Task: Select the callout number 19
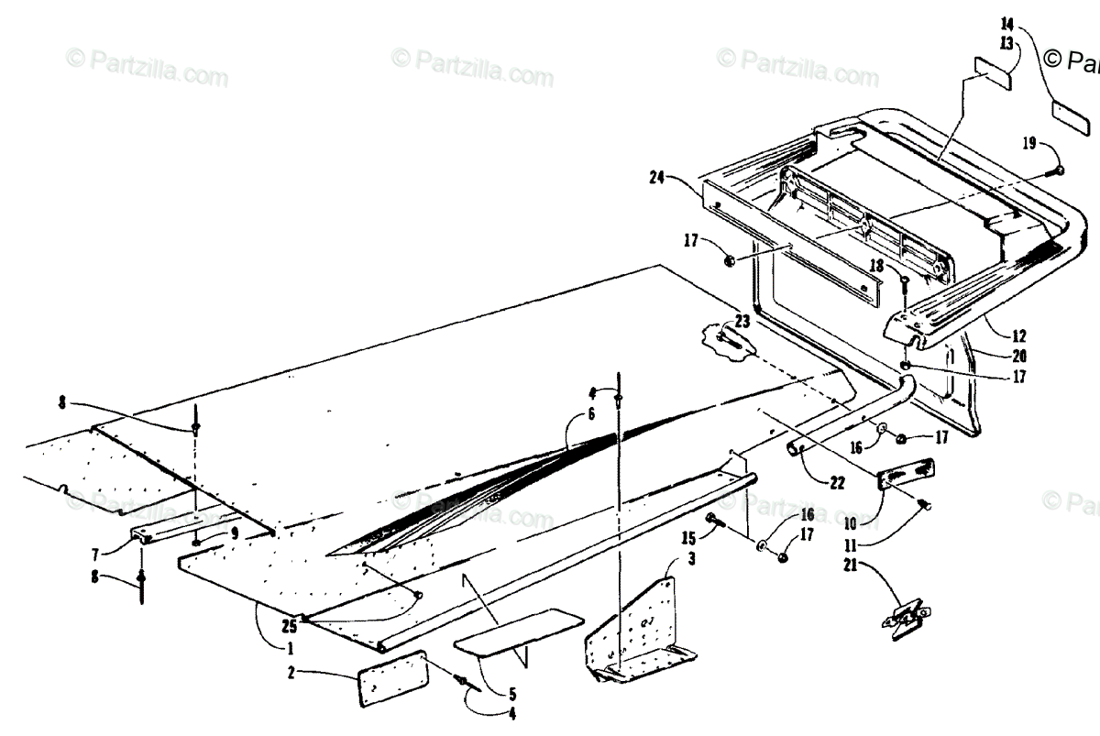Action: [x=1029, y=143]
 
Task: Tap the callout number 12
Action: [x=1019, y=336]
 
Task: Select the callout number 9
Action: [x=234, y=532]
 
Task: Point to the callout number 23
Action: [x=742, y=321]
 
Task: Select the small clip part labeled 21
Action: [x=906, y=620]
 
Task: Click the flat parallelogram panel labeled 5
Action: [x=519, y=632]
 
